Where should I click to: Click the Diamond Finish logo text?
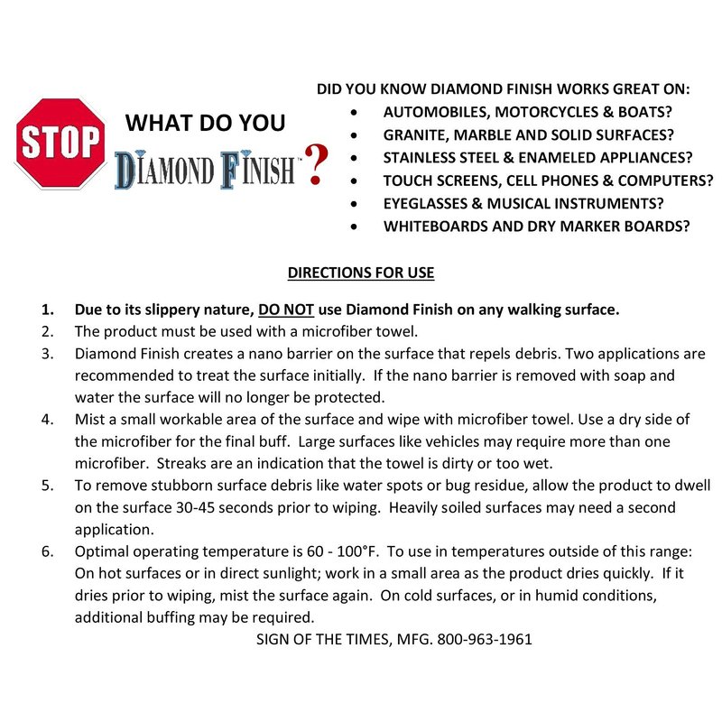(x=208, y=170)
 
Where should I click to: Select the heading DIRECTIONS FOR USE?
(x=361, y=273)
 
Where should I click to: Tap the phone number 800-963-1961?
(x=485, y=639)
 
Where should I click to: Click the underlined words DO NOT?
(x=285, y=310)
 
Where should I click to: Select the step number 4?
(x=47, y=420)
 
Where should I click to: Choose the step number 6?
(x=47, y=551)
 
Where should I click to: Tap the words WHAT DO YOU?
(x=205, y=123)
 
